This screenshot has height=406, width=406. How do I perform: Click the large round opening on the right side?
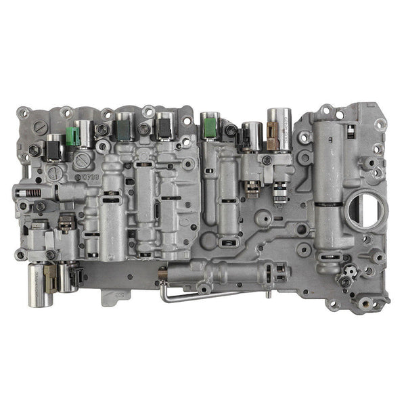(363, 211)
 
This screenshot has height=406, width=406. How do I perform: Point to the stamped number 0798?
(91, 177)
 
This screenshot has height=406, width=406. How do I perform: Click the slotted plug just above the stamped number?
(83, 161)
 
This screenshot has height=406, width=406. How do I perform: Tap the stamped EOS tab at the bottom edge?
(118, 295)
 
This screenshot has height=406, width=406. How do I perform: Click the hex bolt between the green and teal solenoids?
(102, 129)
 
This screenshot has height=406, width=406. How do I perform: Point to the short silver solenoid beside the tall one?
(252, 135)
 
